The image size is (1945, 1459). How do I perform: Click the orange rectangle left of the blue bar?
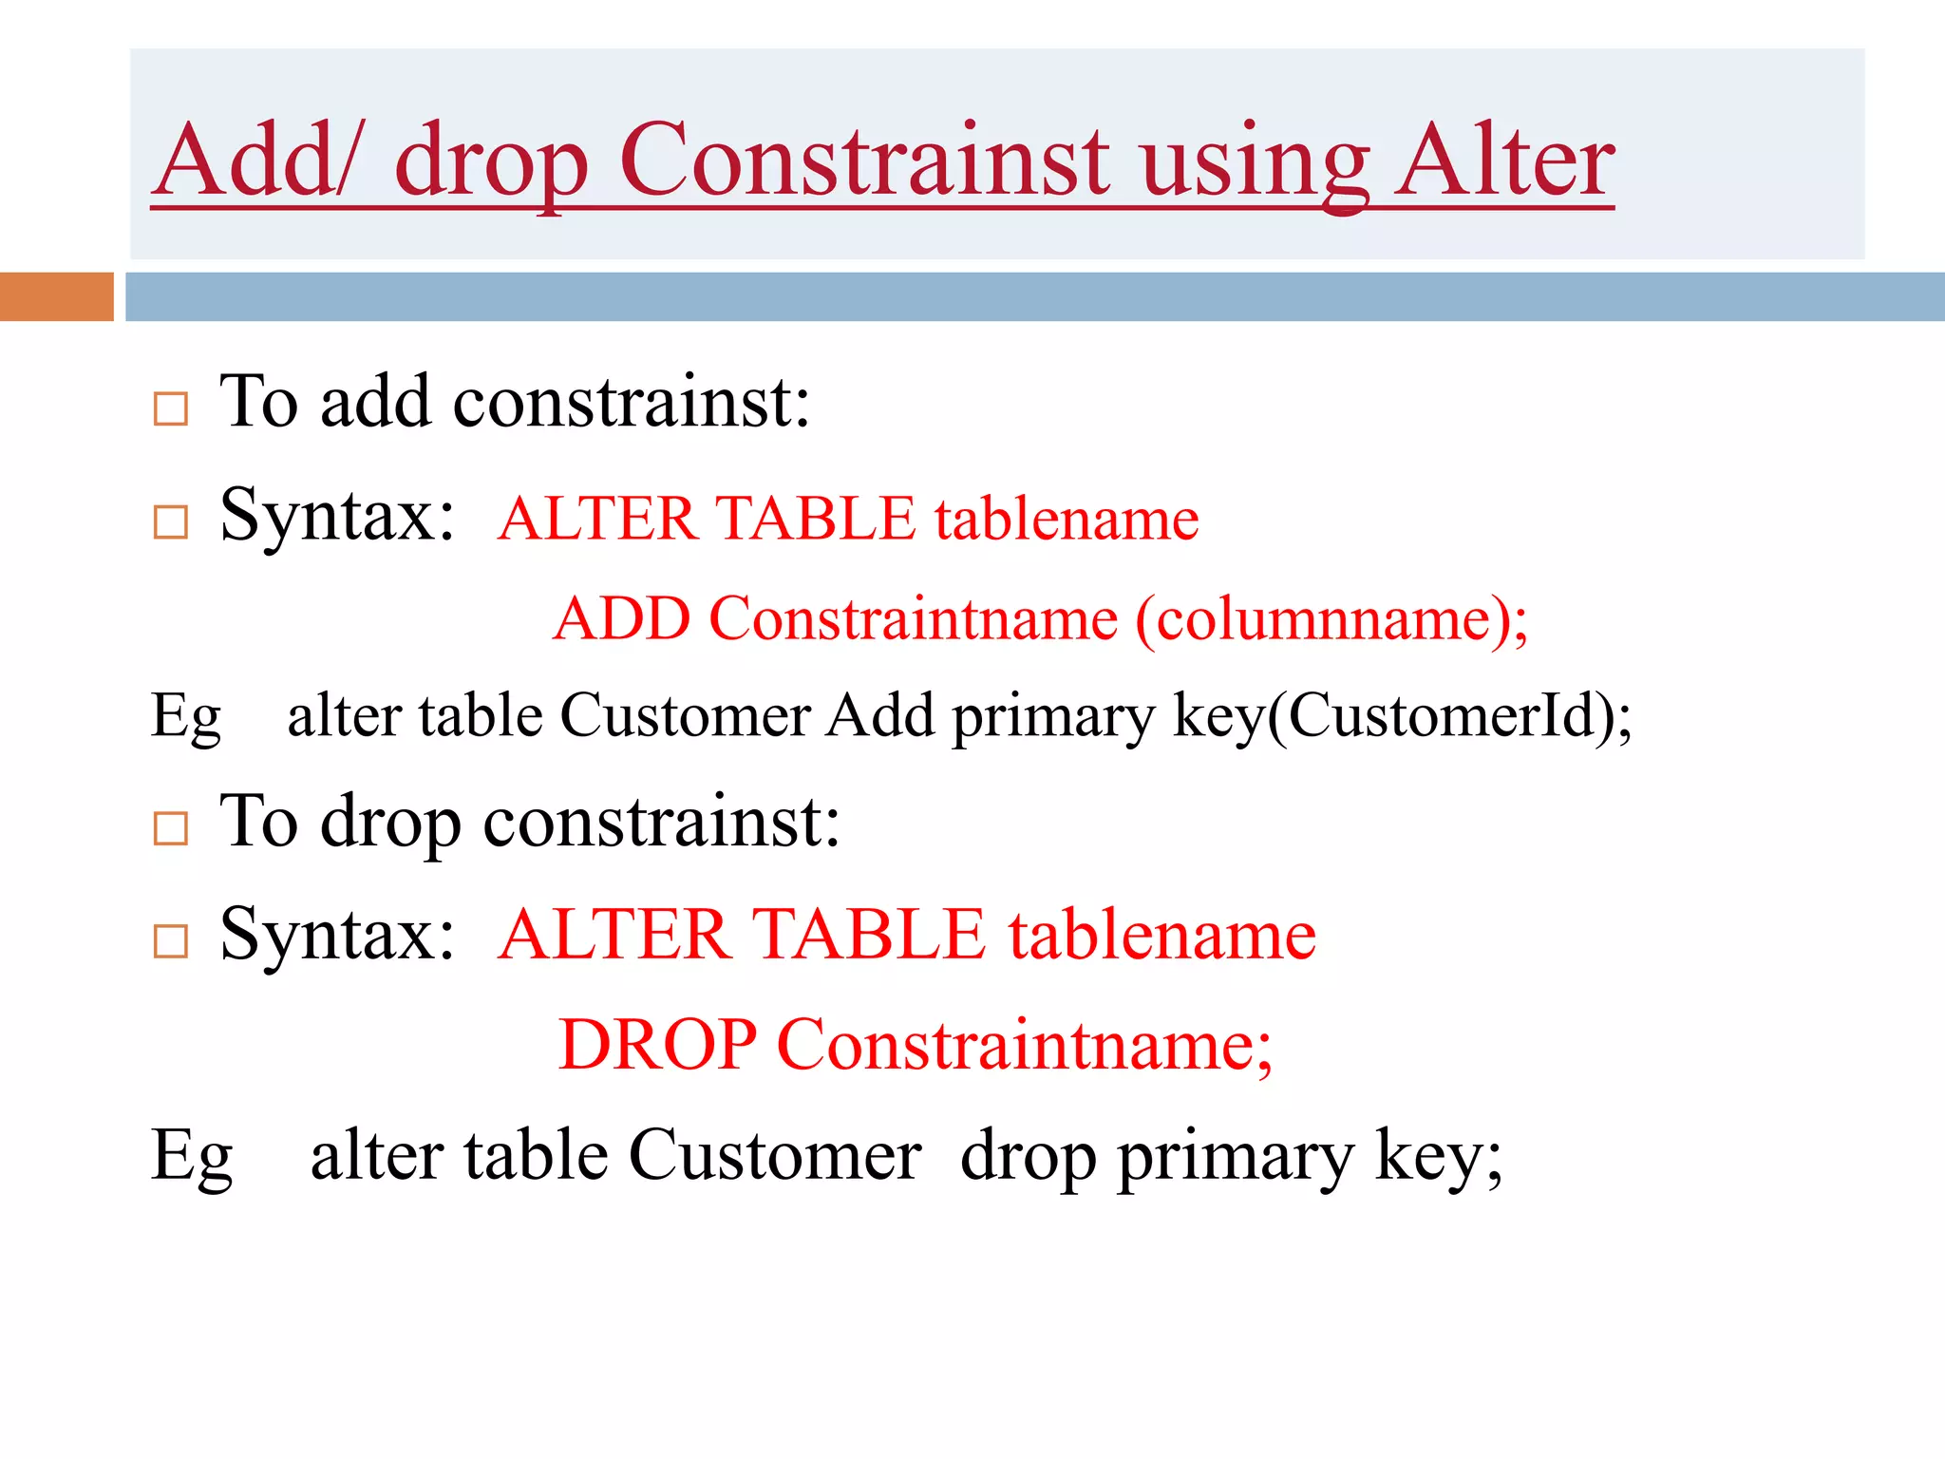pos(56,296)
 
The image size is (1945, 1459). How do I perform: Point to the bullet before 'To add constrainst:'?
pos(171,409)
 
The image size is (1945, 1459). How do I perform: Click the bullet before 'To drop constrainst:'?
pos(171,829)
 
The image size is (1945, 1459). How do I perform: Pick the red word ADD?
pos(621,619)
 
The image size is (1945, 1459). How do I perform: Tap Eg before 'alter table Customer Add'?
pos(186,715)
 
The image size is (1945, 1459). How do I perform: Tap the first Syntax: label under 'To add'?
pos(337,516)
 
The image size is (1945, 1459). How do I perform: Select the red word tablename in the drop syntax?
pos(1161,935)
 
